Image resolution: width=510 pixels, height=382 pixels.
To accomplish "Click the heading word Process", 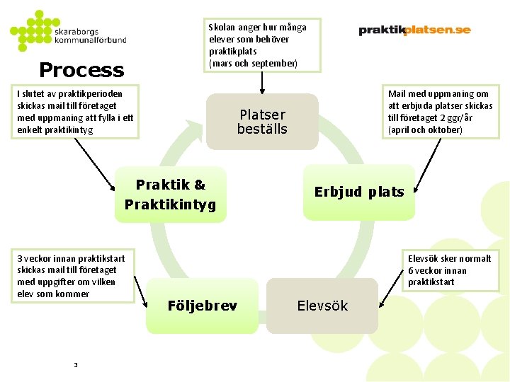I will click(x=81, y=70).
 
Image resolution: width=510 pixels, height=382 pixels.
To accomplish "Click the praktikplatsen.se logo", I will click(x=414, y=30).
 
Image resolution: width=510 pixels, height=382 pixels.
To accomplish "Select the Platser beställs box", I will click(x=262, y=122).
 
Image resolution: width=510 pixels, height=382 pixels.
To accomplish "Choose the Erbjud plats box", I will click(x=359, y=192).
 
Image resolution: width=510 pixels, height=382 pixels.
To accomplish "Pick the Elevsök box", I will click(x=322, y=306).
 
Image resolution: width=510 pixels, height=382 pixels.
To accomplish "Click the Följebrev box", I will click(x=202, y=306).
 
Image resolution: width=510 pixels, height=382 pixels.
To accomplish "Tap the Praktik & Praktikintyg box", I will click(x=170, y=195).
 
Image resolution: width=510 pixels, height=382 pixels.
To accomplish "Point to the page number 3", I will click(x=75, y=364).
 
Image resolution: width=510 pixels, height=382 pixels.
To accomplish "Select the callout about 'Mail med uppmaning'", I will click(x=440, y=112).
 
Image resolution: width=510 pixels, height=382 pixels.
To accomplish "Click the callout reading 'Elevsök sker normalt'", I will click(x=449, y=270).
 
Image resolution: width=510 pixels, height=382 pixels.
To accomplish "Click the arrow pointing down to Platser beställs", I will click(x=263, y=83).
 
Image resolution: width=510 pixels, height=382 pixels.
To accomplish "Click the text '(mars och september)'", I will click(x=253, y=64).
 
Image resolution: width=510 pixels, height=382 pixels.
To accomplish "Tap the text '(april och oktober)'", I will click(x=425, y=130).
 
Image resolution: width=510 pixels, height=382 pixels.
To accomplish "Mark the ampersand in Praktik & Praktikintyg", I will click(x=199, y=185).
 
